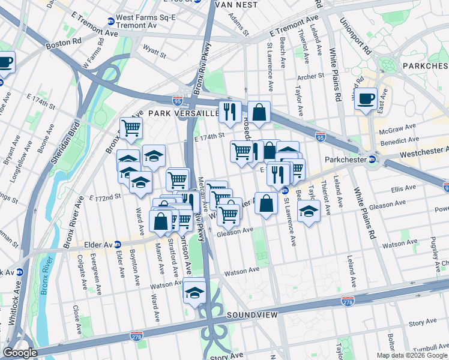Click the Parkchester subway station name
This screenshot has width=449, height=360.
(345, 160)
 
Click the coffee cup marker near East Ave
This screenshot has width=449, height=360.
(366, 100)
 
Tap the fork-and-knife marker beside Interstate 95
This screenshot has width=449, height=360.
(230, 111)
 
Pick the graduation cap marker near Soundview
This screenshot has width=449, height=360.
(194, 292)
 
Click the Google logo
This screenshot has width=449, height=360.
(20, 352)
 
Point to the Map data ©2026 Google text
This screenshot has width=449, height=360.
(411, 355)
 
